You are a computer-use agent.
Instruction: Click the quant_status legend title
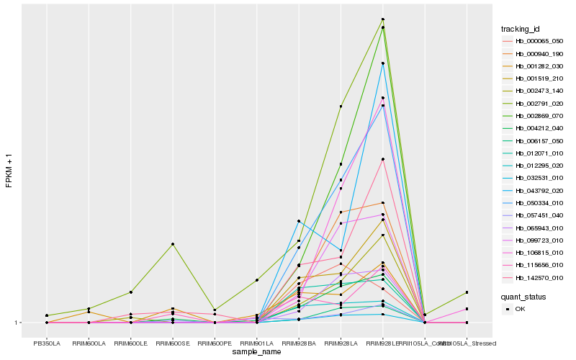pos(523,296)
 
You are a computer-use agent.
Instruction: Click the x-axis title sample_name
pos(256,351)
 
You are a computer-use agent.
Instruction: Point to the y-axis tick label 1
pos(17,323)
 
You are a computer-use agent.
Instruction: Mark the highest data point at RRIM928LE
pos(383,19)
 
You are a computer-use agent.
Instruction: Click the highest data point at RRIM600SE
pos(173,244)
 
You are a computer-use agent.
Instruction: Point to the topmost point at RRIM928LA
pos(341,106)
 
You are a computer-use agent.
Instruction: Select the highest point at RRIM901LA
pos(257,279)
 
